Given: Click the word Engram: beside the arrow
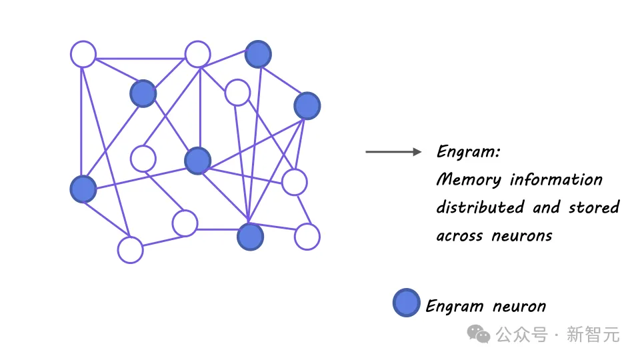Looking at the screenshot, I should pos(468,152).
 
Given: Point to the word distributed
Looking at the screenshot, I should pos(480,207).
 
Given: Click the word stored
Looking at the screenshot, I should pos(594,207).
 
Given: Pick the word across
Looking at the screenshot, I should pos(459,235).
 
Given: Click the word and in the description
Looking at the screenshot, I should pos(546,207).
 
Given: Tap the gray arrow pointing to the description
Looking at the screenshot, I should pos(393,152).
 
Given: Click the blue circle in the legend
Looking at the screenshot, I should pos(406,303).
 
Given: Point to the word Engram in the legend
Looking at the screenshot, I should pos(455,307).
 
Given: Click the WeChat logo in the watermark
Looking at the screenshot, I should pos(479,333).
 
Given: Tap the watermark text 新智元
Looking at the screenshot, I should pos(593,333).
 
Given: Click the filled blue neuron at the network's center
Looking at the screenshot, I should pos(197,161).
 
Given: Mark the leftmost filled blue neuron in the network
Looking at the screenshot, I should pos(83,189).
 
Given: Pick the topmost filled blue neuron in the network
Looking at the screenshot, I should pos(258,55).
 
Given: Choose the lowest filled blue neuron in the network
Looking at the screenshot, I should pos(250,237).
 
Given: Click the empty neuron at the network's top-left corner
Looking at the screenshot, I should pos(83,54).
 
